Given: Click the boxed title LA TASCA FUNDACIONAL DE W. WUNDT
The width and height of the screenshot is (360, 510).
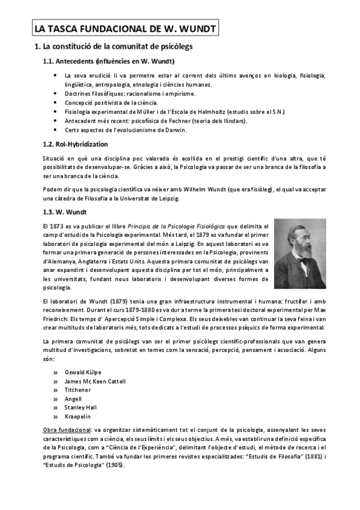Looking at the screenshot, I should point(124,28).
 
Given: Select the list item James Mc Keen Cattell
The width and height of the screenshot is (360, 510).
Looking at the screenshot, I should point(95,381).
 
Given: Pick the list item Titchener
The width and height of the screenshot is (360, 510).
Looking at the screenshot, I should point(78,390).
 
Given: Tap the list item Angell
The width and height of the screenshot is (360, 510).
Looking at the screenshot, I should point(73,399).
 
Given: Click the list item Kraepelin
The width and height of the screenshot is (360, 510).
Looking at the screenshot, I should point(78,416).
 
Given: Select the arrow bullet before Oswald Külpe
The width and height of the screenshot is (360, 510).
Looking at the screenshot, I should point(55,372).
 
